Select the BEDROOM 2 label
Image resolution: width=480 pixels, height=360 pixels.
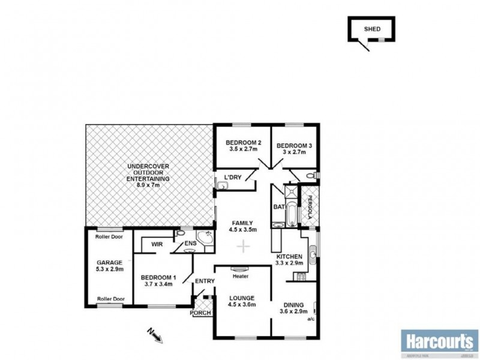241,143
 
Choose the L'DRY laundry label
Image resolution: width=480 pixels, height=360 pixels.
232,176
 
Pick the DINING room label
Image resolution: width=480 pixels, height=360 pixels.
295,304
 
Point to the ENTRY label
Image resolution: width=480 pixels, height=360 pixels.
205,281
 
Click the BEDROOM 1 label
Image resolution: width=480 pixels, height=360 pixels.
158,277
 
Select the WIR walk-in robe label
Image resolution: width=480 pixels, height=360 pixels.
157,244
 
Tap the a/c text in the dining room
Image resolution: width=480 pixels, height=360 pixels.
310,319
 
